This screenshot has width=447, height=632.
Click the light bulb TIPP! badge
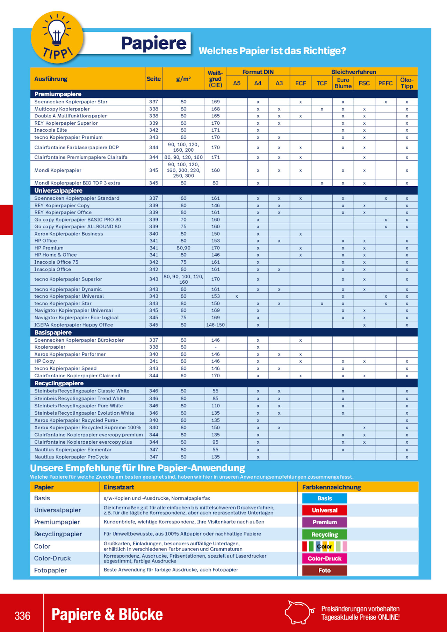click(x=57, y=37)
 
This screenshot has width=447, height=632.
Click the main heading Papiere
click(x=154, y=43)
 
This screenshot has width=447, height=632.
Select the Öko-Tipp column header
click(x=406, y=83)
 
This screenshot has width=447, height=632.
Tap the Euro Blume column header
click(x=343, y=83)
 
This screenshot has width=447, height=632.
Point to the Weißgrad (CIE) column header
click(x=215, y=79)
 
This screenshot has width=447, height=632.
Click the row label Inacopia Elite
click(x=51, y=130)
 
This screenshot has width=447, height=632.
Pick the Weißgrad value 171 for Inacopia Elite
click(x=215, y=130)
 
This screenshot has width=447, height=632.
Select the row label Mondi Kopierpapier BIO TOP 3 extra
click(x=77, y=183)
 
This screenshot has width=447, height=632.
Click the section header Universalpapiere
click(x=58, y=190)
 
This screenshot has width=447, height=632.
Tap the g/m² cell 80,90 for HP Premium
click(x=183, y=248)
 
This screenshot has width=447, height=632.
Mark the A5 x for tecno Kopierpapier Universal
click(x=237, y=296)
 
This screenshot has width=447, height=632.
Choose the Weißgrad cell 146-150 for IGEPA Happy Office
click(x=215, y=325)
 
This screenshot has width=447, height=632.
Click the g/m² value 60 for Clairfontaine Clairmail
click(x=183, y=376)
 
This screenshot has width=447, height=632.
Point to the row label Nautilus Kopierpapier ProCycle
click(x=72, y=457)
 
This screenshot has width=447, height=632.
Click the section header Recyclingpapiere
click(x=59, y=383)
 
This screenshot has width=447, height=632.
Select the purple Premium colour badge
click(x=324, y=522)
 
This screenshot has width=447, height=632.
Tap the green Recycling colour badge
click(x=324, y=535)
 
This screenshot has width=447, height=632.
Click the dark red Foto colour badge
click(x=324, y=570)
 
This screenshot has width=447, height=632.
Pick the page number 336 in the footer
click(x=22, y=616)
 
